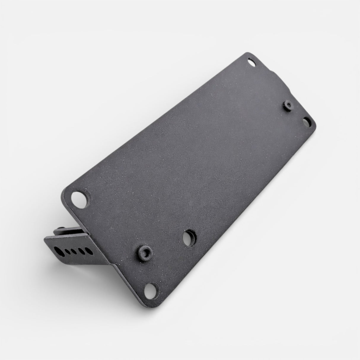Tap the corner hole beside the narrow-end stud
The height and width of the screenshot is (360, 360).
coord(307,122)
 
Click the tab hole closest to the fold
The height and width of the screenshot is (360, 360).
coord(88,248)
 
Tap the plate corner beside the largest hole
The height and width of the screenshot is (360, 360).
coord(66,191)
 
